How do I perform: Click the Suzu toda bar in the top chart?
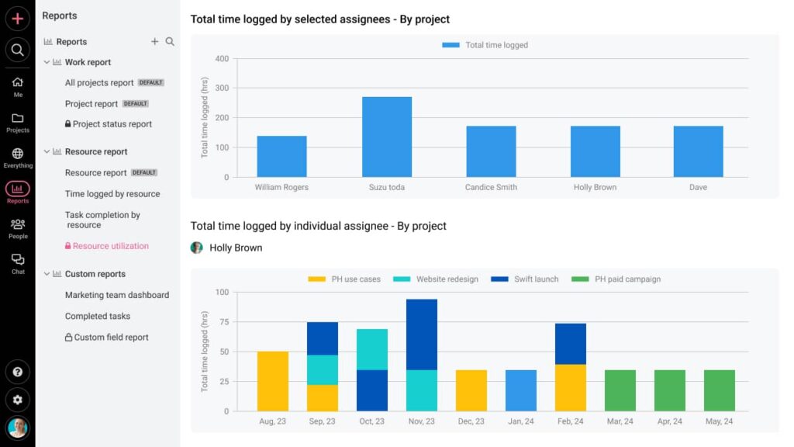387,137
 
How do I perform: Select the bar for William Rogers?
281,156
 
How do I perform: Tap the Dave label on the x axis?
698,187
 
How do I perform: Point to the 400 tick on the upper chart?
222,59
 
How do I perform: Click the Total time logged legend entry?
485,45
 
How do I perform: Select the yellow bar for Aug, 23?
273,381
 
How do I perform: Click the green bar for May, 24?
720,390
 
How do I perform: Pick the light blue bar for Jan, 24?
521,390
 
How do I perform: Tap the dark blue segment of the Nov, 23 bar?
422,334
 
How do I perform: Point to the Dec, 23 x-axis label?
471,421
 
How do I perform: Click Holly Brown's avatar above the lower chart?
197,248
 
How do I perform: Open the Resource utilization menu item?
110,246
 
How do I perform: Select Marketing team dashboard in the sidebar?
117,295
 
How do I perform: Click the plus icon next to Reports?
154,42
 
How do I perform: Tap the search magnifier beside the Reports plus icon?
170,42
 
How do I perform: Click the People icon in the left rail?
18,227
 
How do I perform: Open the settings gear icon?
17,400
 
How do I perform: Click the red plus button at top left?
17,19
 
